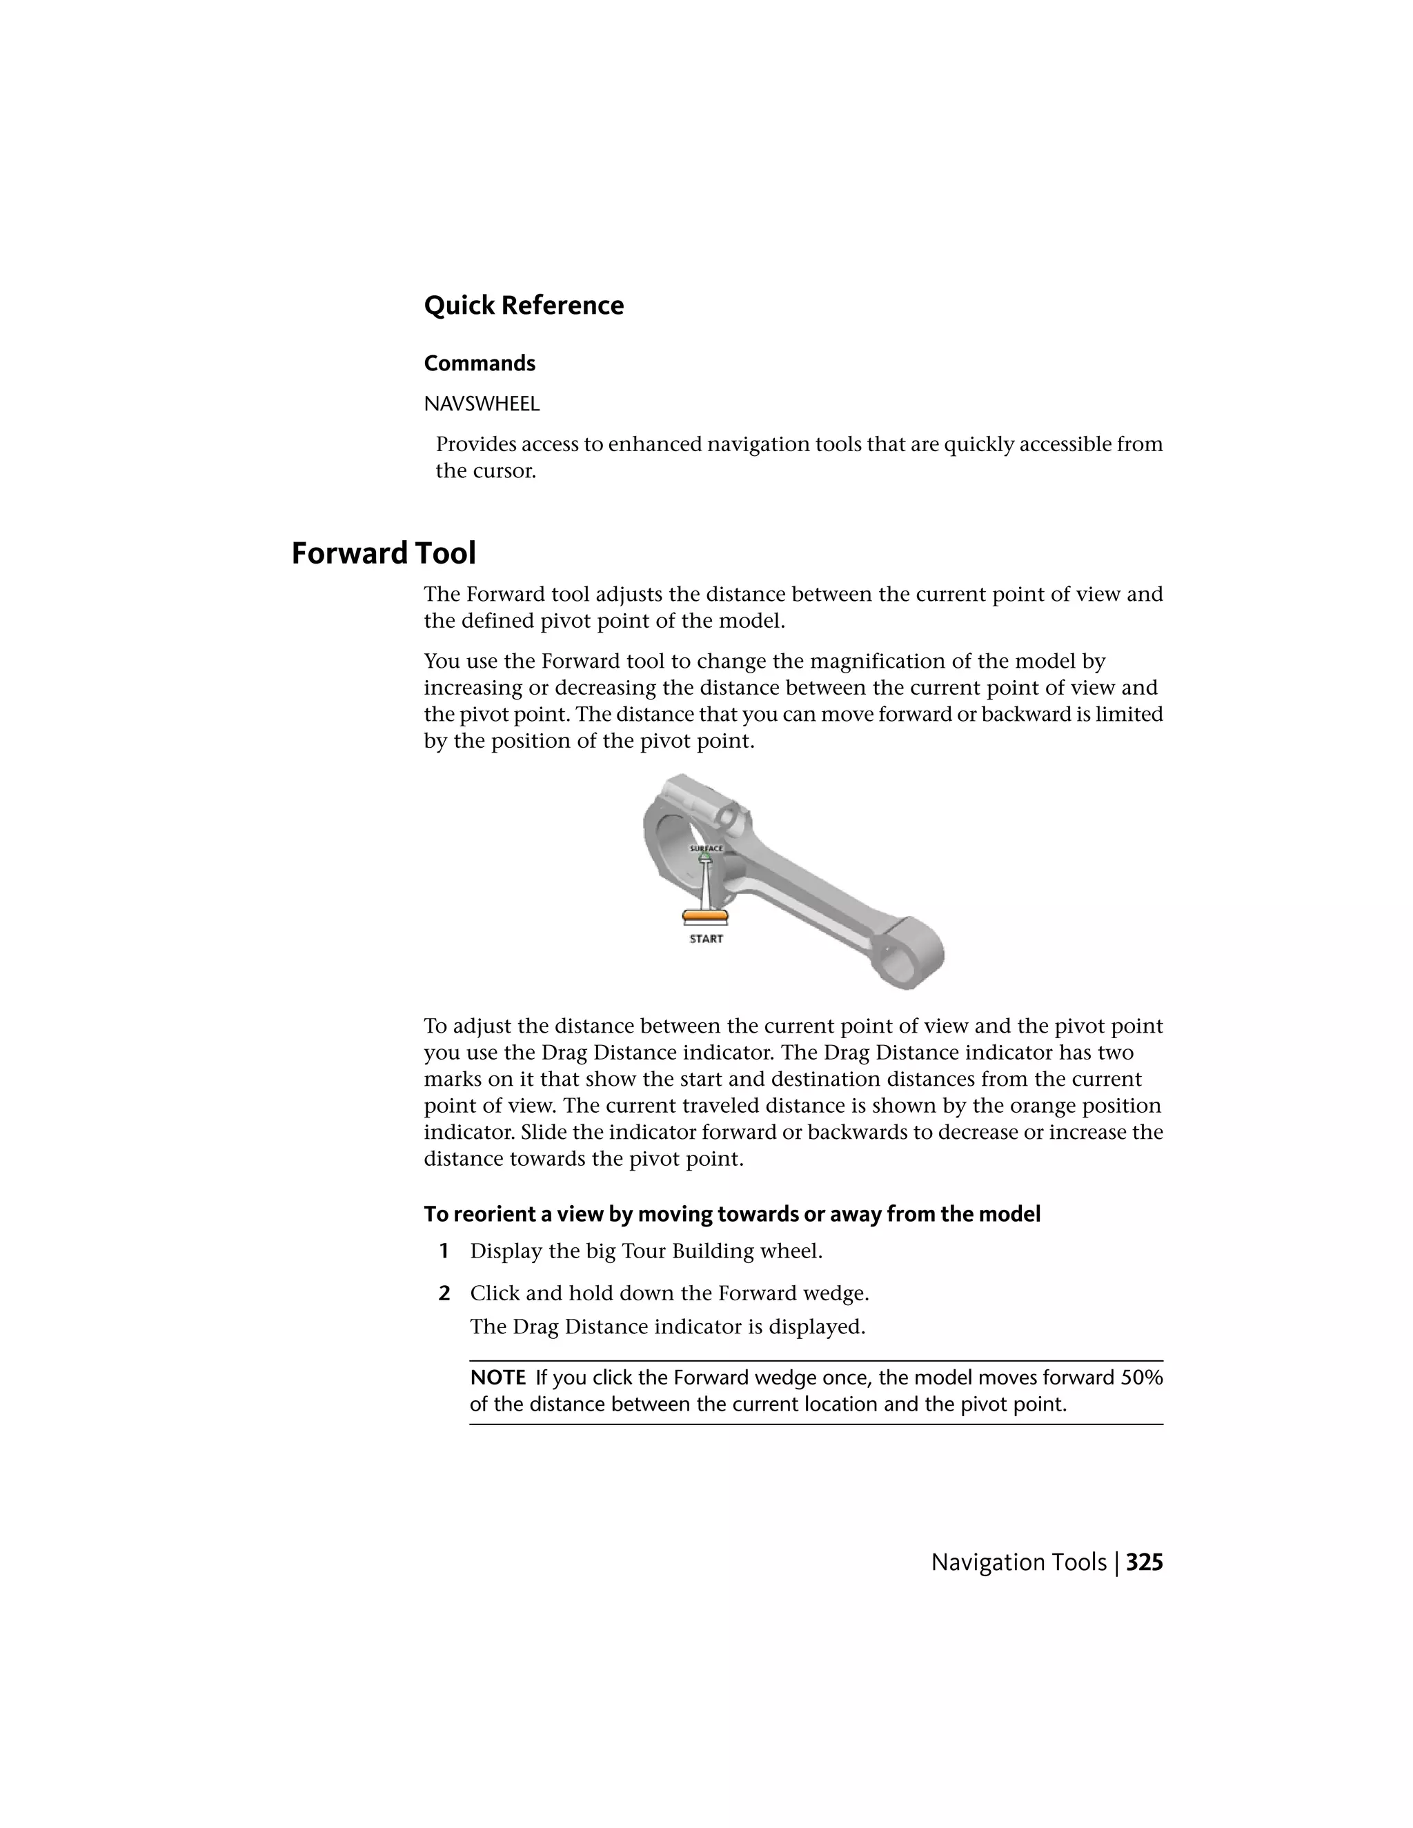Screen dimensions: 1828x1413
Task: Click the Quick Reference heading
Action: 523,306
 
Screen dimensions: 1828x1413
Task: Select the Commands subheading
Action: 479,364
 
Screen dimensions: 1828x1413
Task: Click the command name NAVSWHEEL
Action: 482,404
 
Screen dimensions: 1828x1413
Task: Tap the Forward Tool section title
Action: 384,553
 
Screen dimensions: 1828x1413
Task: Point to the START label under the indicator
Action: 706,939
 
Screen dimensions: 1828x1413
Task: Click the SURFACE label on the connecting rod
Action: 706,848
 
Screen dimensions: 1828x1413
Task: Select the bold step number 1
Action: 444,1251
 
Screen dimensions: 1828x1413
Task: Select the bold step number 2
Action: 444,1293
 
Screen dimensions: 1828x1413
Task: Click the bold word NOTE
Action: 497,1378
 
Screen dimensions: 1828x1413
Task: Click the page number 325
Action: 1145,1562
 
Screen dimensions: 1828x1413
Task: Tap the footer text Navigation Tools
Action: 1018,1562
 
